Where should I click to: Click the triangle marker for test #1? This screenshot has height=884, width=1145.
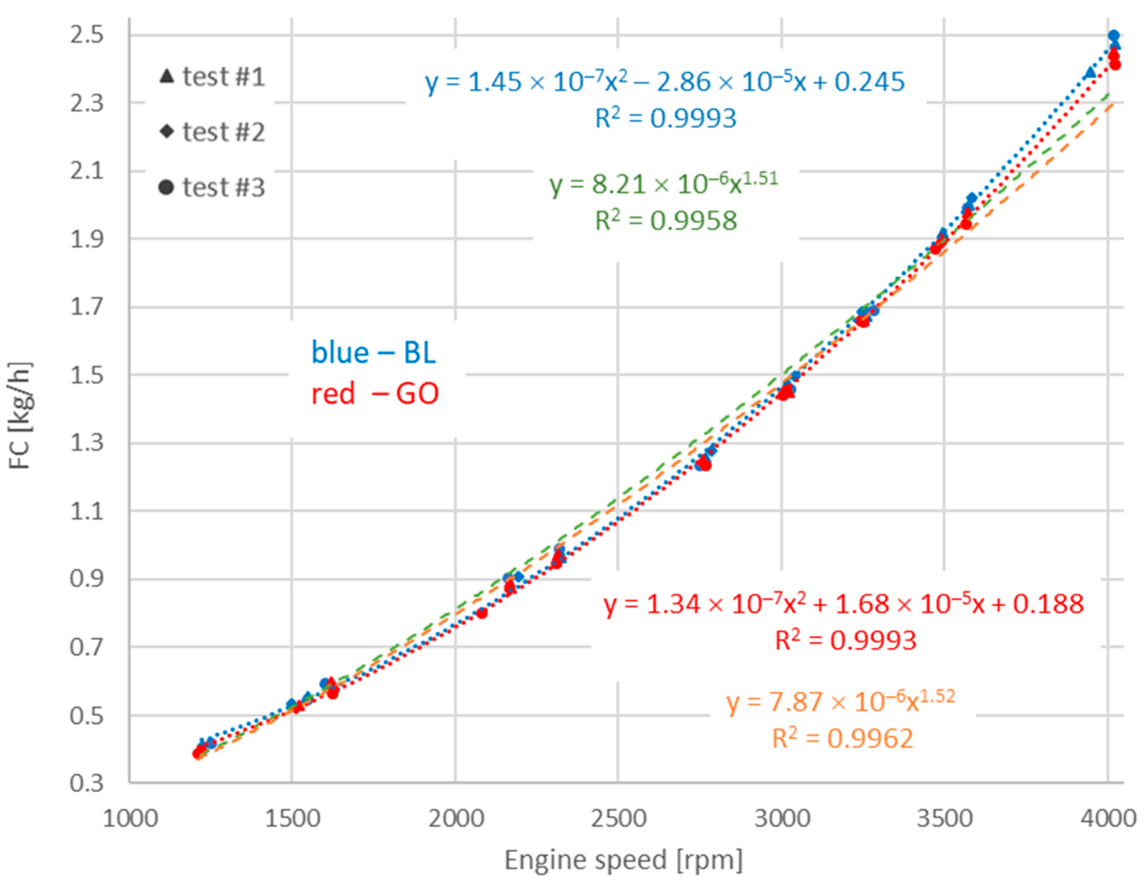point(167,76)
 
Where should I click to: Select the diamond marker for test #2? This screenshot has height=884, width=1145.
point(167,131)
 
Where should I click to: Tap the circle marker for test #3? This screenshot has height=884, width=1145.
point(166,187)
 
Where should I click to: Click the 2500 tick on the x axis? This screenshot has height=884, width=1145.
point(618,819)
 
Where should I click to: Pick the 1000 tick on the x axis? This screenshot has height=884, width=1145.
point(130,819)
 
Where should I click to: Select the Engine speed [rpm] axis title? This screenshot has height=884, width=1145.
point(623,860)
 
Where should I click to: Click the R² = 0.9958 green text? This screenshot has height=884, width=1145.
point(666,221)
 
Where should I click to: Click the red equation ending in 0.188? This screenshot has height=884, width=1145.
point(843,605)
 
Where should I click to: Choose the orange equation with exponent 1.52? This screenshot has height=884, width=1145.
point(840,702)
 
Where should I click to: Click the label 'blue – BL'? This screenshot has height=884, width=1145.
point(374,352)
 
